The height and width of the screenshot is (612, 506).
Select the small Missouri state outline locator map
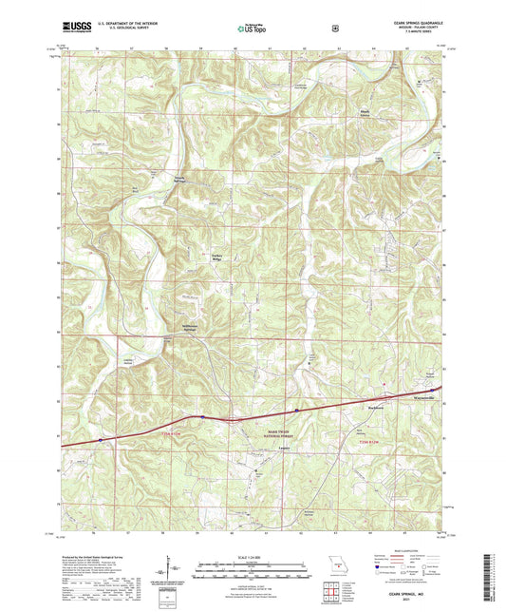coord(331,562)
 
